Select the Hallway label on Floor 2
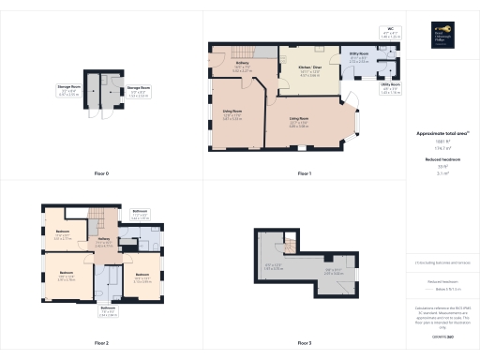105,240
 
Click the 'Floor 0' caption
101,174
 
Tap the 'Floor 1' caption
303,174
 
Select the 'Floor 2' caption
101,344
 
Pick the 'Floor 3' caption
303,344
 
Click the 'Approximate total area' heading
442,134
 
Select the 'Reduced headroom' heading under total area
442,161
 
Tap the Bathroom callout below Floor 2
108,310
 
